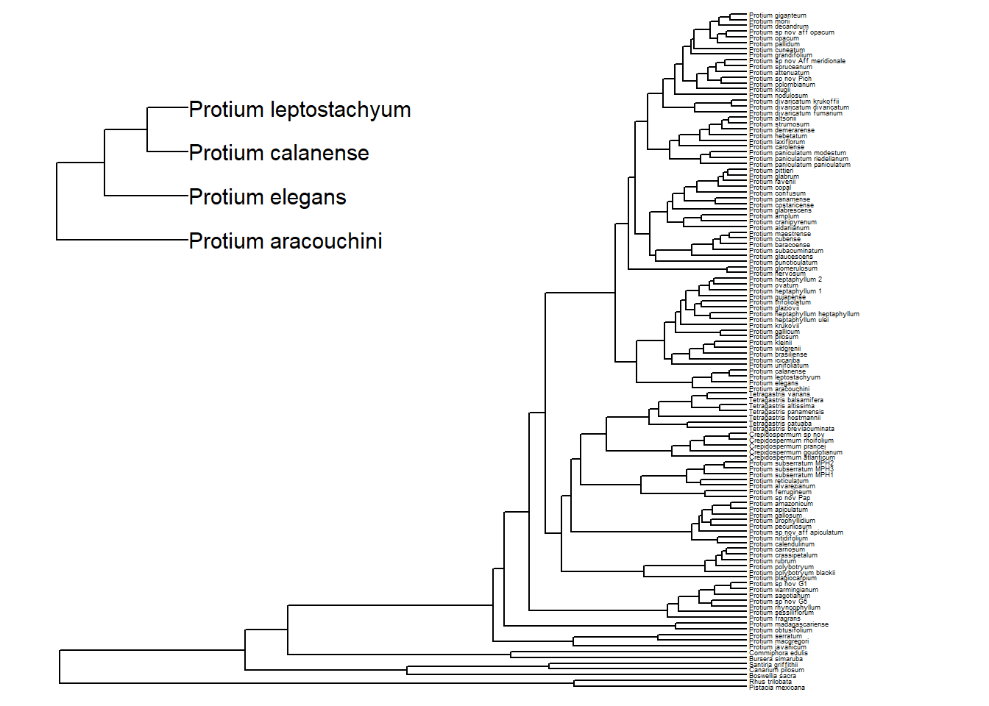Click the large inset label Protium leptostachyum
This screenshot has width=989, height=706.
click(299, 110)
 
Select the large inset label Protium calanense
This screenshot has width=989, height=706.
click(279, 153)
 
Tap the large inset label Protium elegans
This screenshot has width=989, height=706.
click(267, 197)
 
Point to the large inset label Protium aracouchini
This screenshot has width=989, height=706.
click(286, 241)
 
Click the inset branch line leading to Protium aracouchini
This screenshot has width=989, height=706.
click(122, 240)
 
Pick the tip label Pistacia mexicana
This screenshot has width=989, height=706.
click(776, 688)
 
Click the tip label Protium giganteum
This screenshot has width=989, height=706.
click(777, 15)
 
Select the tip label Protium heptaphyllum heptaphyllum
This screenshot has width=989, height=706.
click(804, 314)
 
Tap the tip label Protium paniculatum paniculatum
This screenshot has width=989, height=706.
click(799, 165)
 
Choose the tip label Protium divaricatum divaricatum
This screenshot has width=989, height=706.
click(798, 107)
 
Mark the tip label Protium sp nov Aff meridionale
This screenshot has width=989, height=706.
click(797, 61)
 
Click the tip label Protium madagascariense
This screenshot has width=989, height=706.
click(788, 624)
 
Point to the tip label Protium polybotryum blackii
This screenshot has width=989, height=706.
click(792, 573)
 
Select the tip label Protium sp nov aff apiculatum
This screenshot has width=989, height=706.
click(795, 532)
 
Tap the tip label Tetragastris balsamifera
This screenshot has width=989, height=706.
click(786, 400)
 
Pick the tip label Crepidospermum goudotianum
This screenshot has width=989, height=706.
click(795, 452)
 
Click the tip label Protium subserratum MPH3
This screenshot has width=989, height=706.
click(791, 469)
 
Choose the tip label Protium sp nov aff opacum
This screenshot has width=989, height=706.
click(791, 32)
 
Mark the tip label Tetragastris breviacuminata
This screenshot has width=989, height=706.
click(791, 429)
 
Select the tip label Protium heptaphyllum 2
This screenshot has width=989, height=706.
click(785, 279)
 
